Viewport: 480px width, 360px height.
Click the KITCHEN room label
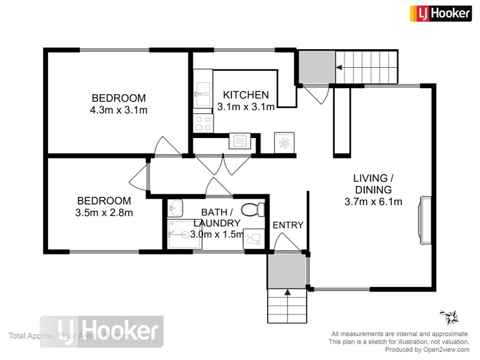[245, 95]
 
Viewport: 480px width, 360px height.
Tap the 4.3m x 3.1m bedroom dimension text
[119, 110]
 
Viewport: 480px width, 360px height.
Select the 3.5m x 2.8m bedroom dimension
[104, 212]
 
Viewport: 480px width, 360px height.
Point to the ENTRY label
[288, 225]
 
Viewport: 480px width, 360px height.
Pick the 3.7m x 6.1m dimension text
[373, 202]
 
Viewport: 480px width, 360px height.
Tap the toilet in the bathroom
[253, 209]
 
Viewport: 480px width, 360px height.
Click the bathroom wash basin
[175, 209]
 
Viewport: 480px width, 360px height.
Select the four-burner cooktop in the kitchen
[203, 124]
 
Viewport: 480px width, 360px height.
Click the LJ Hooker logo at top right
[440, 13]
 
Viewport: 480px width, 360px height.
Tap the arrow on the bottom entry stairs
[287, 292]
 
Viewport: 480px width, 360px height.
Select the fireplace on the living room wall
[425, 220]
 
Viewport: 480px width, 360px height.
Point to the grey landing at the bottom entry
[287, 271]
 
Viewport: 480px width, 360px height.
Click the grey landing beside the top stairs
[317, 67]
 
